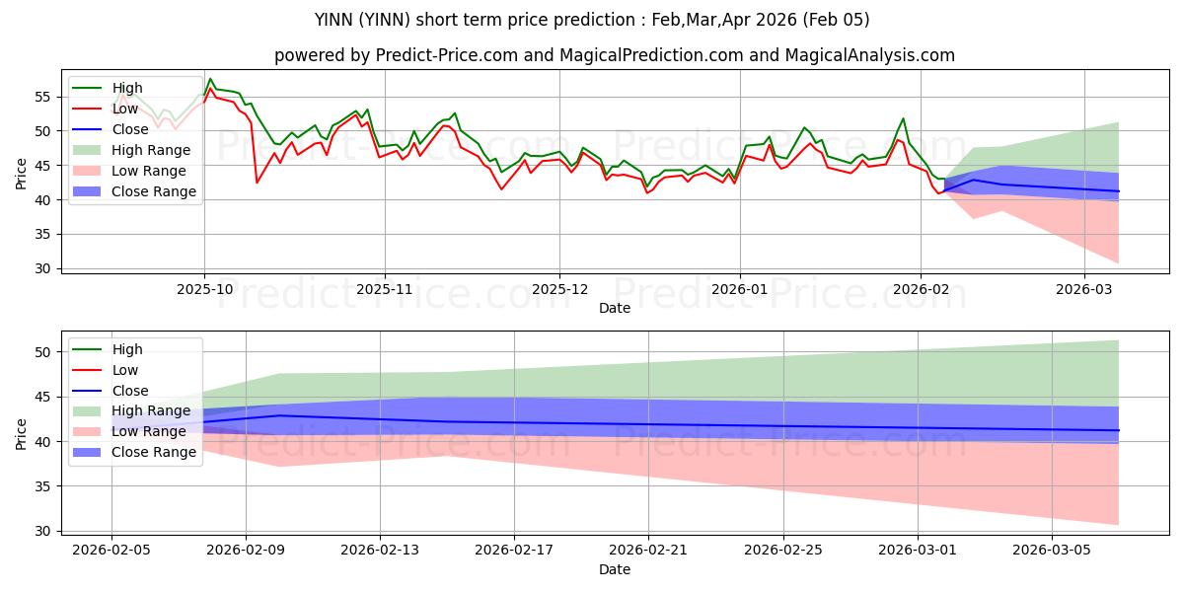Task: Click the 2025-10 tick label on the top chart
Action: coord(204,289)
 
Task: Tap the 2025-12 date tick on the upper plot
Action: coord(559,289)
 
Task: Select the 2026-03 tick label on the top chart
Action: coord(1083,289)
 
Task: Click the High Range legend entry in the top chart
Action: coord(151,150)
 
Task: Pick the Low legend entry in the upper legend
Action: coord(126,109)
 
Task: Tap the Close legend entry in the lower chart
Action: coord(131,391)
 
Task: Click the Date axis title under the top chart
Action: coord(614,308)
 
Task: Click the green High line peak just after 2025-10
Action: coord(210,79)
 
